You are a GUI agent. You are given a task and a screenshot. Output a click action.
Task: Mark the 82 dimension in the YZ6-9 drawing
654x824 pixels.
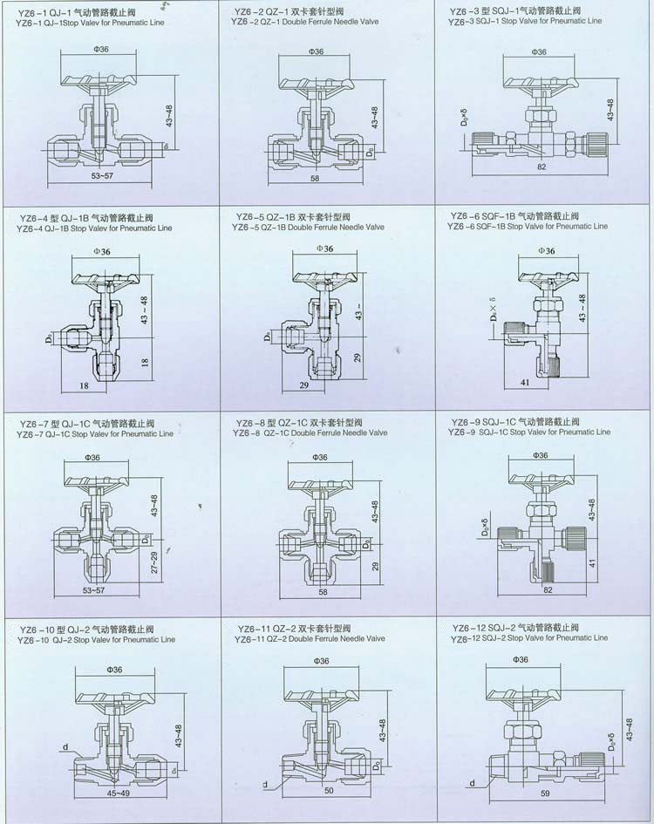click(x=548, y=590)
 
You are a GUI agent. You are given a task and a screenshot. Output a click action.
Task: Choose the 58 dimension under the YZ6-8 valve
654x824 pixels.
click(x=323, y=590)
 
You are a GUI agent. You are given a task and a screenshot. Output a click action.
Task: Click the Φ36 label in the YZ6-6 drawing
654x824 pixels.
click(x=546, y=251)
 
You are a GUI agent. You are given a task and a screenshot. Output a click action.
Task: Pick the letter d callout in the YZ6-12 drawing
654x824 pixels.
click(x=472, y=783)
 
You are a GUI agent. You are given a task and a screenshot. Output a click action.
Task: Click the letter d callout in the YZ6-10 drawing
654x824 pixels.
click(x=66, y=746)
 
